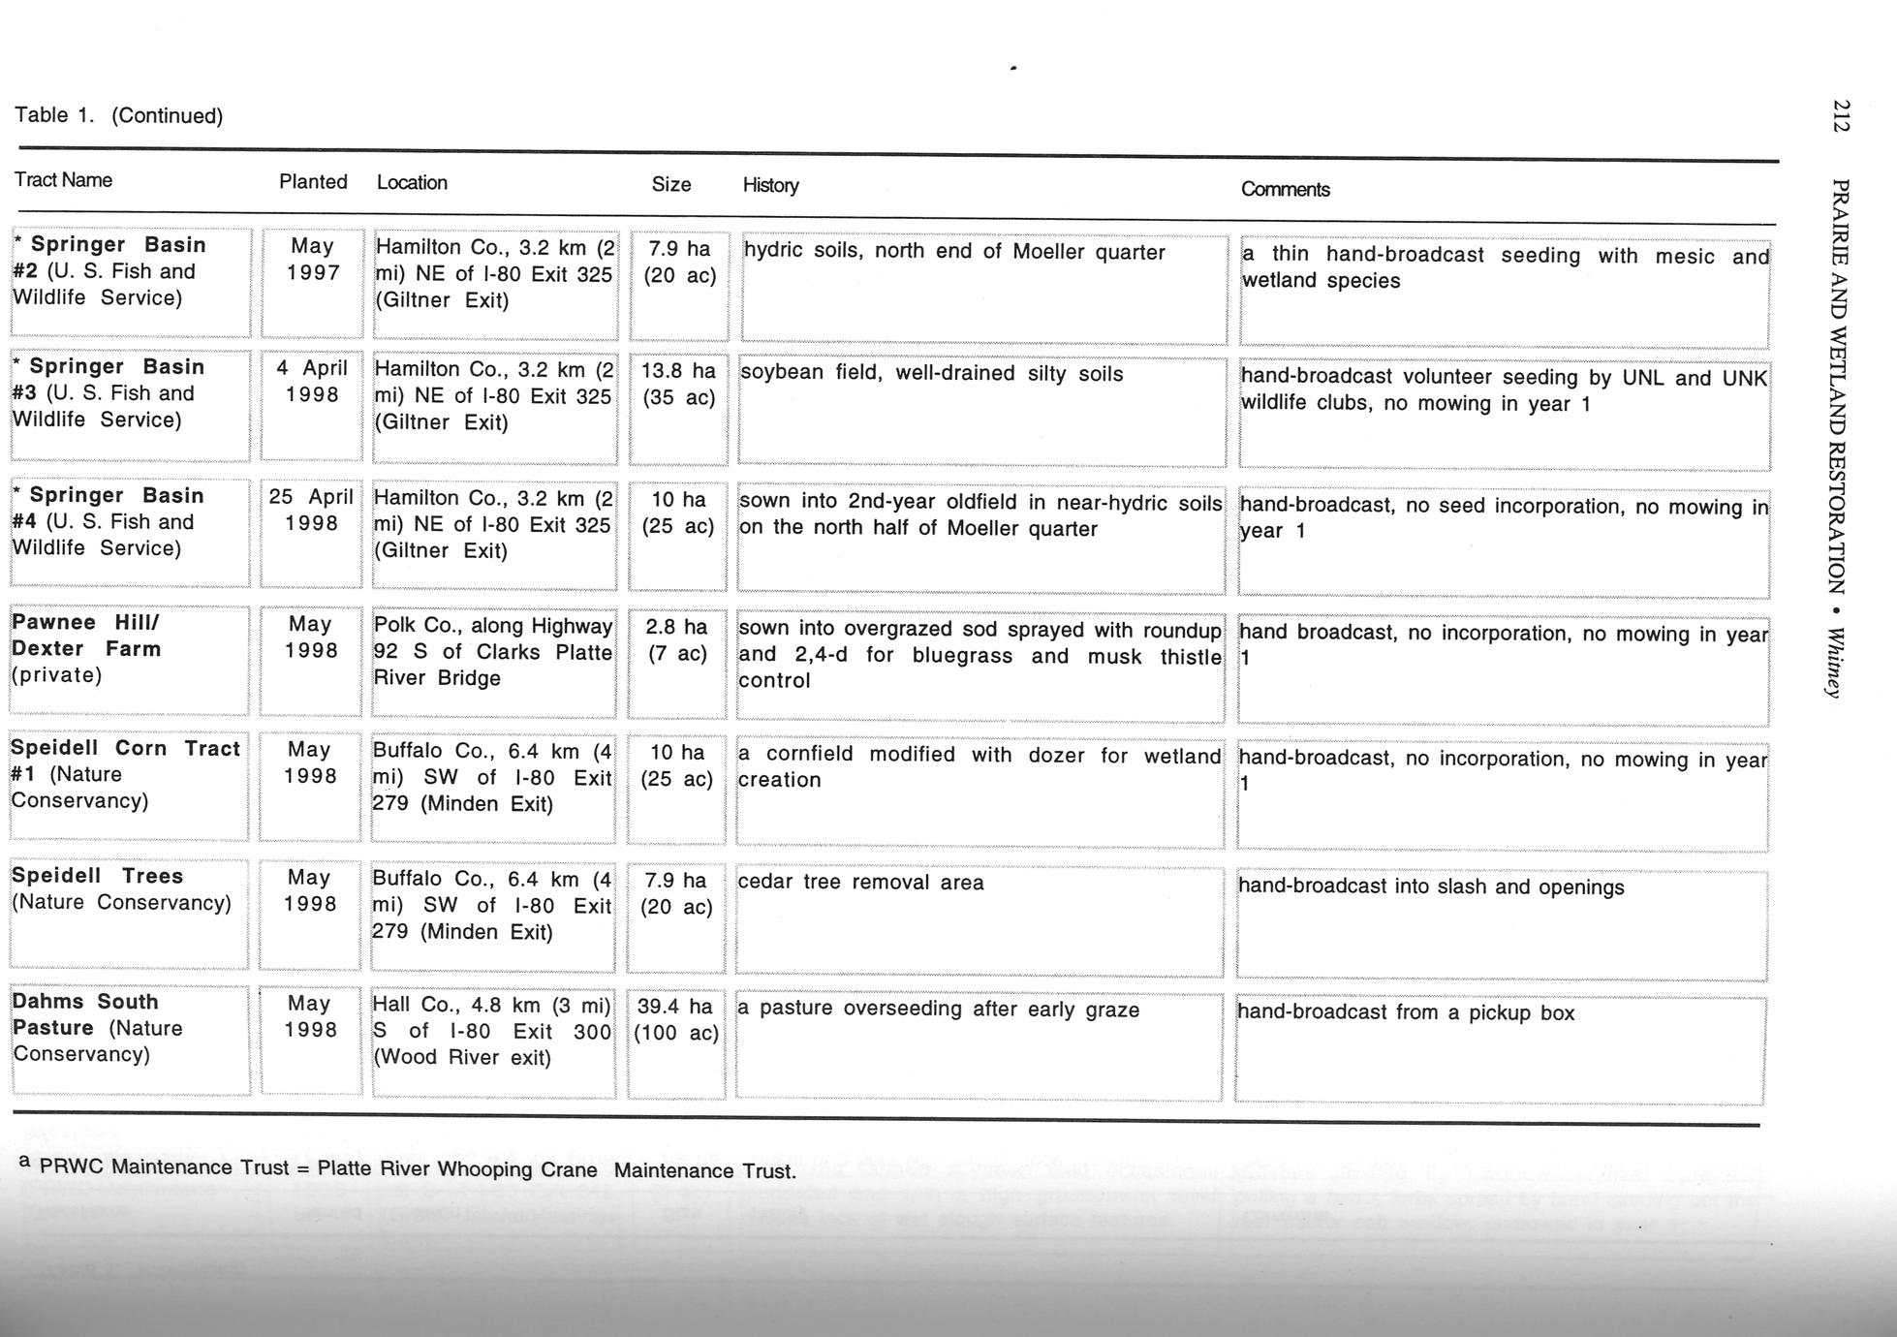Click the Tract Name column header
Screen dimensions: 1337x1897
(x=63, y=180)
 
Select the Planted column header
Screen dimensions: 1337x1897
(x=313, y=182)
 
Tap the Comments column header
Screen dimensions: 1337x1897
(x=1285, y=190)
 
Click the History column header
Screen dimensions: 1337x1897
(x=770, y=185)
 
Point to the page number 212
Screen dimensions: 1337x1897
(x=1841, y=115)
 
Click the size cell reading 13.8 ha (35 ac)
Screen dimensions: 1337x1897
(x=678, y=385)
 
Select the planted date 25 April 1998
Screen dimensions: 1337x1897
(x=311, y=511)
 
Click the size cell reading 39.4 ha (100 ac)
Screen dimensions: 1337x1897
(x=676, y=1020)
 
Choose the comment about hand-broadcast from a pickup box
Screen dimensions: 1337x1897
(x=1406, y=1013)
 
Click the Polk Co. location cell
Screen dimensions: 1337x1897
(x=493, y=652)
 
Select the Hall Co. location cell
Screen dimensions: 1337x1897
(x=492, y=1031)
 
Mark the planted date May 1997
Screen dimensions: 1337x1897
(x=312, y=260)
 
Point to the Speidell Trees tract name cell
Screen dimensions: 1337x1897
(x=121, y=889)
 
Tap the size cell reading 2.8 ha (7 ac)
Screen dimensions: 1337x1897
(x=676, y=640)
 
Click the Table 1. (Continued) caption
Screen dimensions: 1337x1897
(x=118, y=115)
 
